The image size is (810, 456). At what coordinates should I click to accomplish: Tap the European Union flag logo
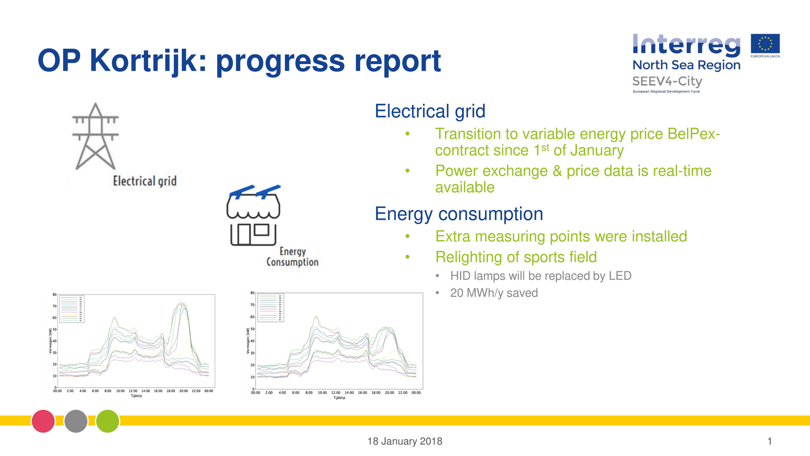(x=765, y=44)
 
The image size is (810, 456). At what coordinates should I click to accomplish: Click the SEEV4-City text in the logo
(x=667, y=81)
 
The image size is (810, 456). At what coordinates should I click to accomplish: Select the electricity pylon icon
(x=95, y=136)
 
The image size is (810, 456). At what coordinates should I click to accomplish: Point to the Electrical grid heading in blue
(x=430, y=111)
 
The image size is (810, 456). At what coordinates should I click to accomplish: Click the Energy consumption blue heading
(x=459, y=214)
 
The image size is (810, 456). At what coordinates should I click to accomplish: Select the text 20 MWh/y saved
(x=494, y=293)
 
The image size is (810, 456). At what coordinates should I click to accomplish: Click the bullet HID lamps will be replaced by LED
(x=540, y=276)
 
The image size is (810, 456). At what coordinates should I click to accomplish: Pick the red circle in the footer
(x=43, y=421)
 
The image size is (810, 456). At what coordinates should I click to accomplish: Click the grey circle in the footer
(x=76, y=421)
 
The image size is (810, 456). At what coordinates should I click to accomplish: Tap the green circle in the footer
(x=108, y=421)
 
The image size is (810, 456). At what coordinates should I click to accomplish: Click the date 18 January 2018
(x=405, y=441)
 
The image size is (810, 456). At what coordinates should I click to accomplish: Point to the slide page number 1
(x=769, y=441)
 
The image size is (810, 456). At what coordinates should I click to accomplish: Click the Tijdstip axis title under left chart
(x=136, y=396)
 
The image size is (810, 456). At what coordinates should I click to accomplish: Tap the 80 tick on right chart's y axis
(x=253, y=293)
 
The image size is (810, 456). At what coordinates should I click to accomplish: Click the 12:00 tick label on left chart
(x=133, y=391)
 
